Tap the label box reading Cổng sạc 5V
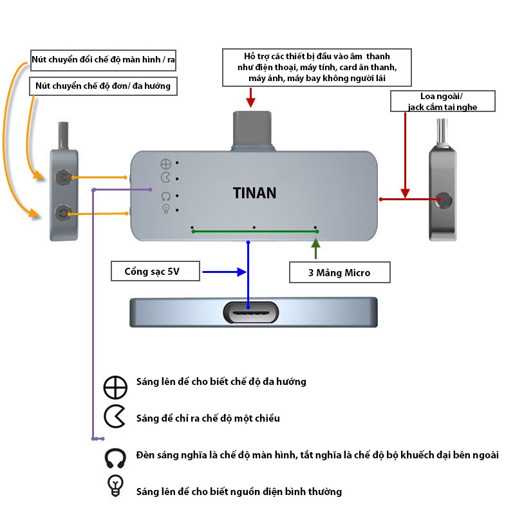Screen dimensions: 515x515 156,272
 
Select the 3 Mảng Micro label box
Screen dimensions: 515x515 339,272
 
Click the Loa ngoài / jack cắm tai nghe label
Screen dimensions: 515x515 442,101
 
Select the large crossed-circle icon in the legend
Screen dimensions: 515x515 115,387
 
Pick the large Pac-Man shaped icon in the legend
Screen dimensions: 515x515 115,418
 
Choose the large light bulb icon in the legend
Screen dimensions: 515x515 116,485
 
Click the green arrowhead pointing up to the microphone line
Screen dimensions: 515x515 315,243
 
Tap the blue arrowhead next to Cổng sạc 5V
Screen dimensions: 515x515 243,272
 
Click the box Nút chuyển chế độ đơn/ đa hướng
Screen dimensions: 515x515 103,86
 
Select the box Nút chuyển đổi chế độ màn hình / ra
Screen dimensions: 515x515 104,61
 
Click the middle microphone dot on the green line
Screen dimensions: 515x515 254,228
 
